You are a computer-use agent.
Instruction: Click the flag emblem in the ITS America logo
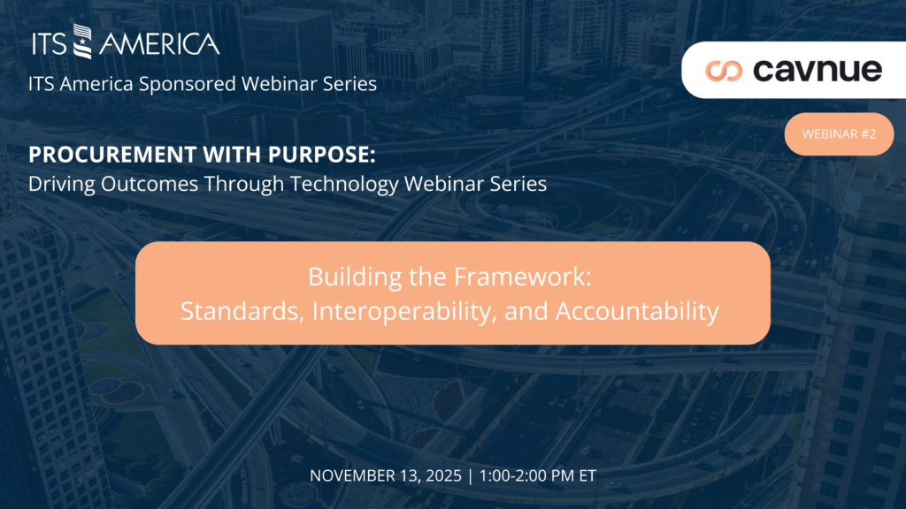tap(82, 42)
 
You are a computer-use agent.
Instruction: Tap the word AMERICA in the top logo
tap(159, 44)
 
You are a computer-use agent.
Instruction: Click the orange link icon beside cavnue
tap(724, 71)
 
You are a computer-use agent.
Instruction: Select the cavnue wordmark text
tap(818, 70)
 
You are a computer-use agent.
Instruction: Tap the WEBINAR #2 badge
tap(839, 134)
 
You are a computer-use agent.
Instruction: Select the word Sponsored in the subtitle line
tap(188, 84)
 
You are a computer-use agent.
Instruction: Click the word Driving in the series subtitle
tap(62, 184)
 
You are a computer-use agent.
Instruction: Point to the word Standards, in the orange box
tap(242, 311)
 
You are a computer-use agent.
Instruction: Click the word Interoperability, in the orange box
tap(405, 312)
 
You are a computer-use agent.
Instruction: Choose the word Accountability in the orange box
tap(637, 312)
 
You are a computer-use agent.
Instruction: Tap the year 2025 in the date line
tap(444, 475)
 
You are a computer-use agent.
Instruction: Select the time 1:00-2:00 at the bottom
tap(513, 475)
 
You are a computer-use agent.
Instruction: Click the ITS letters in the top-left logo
tap(50, 44)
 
